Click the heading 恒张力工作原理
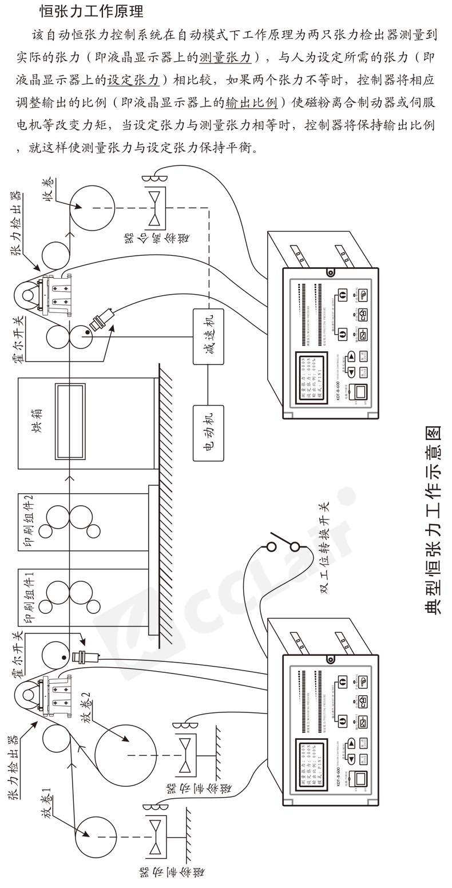pos(92,10)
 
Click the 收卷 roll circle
pos(92,207)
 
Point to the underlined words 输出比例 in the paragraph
pos(252,103)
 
